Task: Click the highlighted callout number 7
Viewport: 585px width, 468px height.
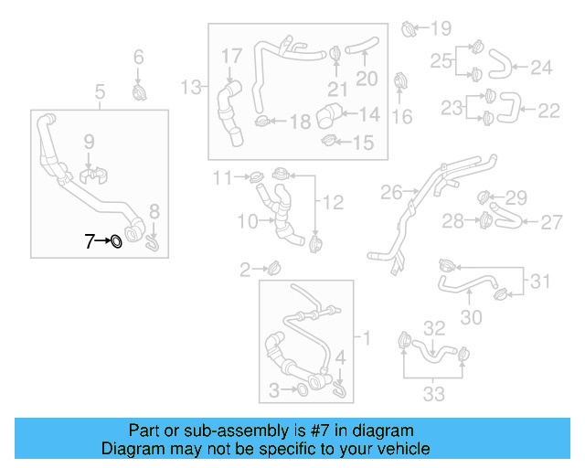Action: point(90,241)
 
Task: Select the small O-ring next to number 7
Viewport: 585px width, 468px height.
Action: point(116,241)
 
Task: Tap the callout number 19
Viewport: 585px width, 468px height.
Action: point(441,27)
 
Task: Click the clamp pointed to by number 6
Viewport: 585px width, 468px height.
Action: point(139,93)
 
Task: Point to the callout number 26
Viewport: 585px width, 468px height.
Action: point(391,193)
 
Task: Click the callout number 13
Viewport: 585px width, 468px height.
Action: point(191,88)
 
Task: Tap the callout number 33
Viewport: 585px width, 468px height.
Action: point(433,394)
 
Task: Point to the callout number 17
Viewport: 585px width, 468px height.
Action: point(231,57)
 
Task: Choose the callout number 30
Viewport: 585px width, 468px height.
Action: point(470,317)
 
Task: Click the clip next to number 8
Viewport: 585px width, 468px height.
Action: point(154,240)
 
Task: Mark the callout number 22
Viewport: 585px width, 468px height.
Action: point(548,111)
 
